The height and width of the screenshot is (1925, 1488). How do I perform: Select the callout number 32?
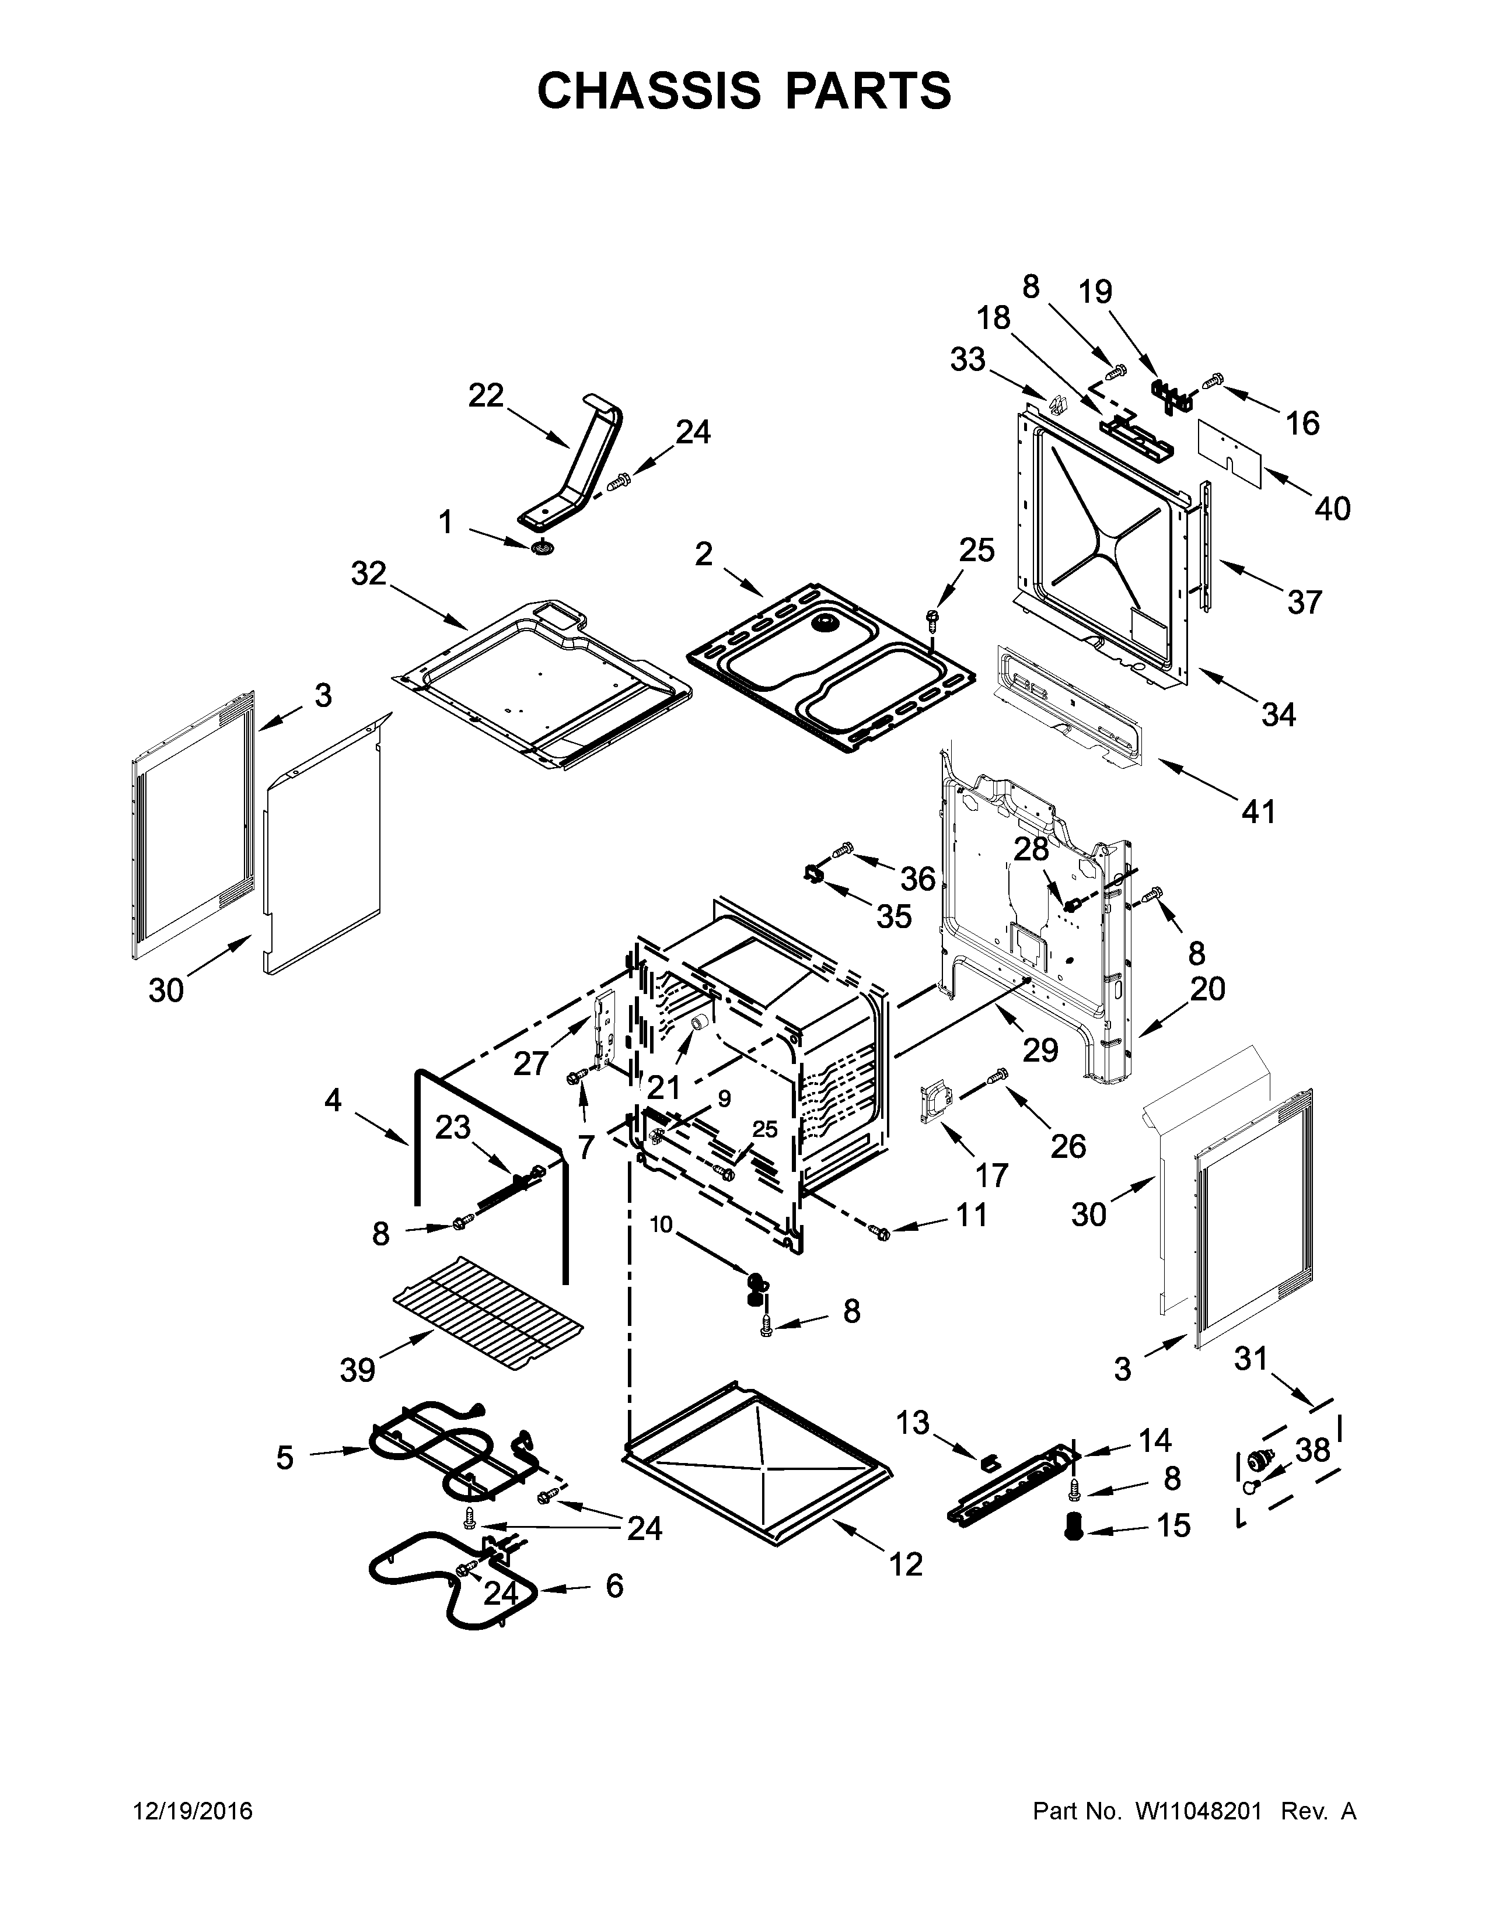[x=368, y=574]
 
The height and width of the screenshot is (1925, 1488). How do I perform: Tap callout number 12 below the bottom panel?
[x=905, y=1563]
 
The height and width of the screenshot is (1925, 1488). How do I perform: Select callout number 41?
[x=1258, y=810]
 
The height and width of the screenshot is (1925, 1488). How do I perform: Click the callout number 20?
[x=1208, y=989]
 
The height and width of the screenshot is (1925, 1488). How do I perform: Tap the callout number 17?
[x=991, y=1174]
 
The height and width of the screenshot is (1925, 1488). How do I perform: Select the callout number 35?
[x=893, y=916]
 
